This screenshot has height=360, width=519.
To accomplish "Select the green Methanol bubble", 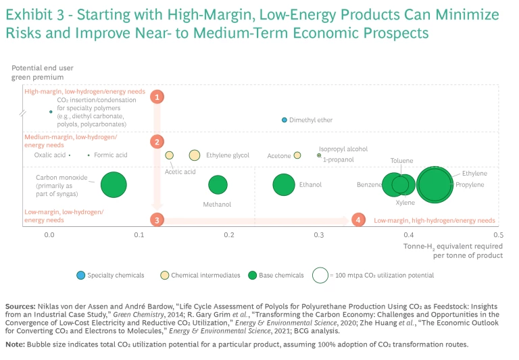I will point(218,184).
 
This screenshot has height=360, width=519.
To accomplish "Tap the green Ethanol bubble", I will point(284,184).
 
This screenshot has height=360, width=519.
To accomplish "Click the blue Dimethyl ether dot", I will point(285,120).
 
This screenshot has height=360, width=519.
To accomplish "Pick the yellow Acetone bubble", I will point(297,155).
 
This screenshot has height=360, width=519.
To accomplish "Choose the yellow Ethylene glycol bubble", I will point(195,155).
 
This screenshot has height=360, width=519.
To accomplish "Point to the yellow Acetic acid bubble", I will point(170,155).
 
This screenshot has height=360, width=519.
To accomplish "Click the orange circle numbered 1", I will point(157,97).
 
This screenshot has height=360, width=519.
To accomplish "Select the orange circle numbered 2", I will point(157,142).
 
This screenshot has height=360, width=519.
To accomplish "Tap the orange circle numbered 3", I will point(157,220).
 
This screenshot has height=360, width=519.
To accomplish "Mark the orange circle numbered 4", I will point(358,220).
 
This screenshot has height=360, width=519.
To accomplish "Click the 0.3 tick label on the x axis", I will point(318,235).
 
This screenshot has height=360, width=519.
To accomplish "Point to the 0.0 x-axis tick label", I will point(49,235).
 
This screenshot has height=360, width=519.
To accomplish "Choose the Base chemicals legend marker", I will point(253,275).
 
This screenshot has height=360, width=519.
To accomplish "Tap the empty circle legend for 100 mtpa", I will point(322,275).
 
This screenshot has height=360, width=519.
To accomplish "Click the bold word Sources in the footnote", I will point(21,307).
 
